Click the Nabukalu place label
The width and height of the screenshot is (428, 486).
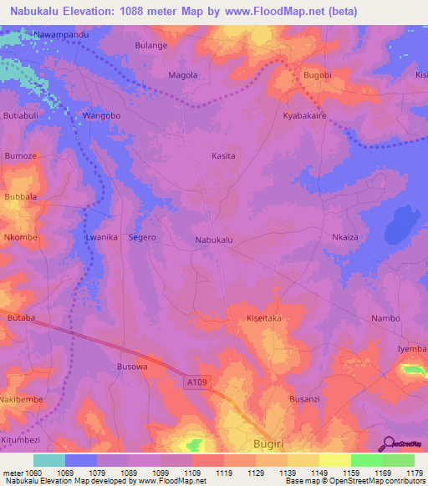coord(213,240)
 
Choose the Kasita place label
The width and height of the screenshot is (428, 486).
coord(223,156)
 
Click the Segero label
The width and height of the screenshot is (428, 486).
coord(142,238)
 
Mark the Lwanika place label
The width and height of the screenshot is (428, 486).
coord(101,238)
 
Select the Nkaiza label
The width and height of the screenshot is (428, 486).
coord(345,238)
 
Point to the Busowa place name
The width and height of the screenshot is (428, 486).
coord(132,367)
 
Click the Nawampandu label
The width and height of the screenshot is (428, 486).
coord(61,35)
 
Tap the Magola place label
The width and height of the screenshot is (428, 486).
coord(183,75)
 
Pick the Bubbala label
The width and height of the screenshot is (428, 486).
coord(21,197)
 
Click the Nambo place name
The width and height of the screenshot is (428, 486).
coord(385,319)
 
